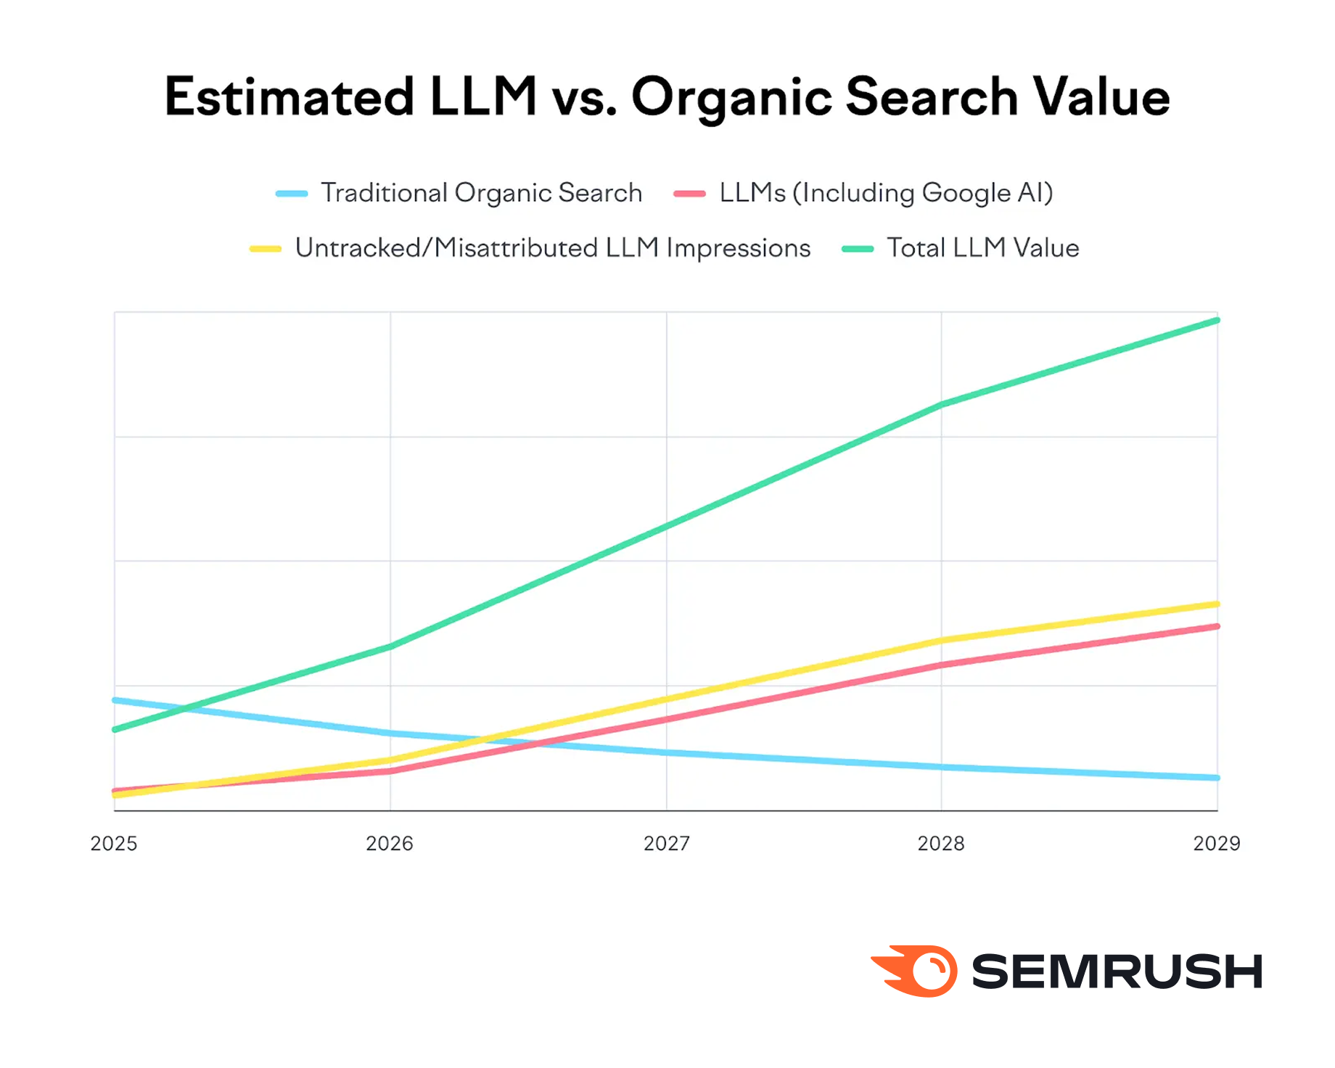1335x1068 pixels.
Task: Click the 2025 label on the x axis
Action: [x=114, y=843]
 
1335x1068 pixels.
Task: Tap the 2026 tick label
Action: [x=390, y=843]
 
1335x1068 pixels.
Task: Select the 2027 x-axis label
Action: [x=666, y=843]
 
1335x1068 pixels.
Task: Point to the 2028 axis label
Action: [x=941, y=843]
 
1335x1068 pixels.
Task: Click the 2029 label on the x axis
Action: [x=1217, y=843]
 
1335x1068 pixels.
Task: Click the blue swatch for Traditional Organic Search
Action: [x=292, y=194]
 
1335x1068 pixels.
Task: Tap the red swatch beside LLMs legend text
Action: [x=689, y=194]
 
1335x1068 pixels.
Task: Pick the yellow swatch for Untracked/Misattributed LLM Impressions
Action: [x=266, y=249]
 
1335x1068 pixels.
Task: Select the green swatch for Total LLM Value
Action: [x=857, y=249]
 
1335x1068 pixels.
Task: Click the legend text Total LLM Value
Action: [x=983, y=248]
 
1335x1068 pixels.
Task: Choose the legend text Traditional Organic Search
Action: [x=482, y=193]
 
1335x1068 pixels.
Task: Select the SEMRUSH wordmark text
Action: [x=1117, y=972]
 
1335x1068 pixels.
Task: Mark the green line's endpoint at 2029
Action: [x=1217, y=320]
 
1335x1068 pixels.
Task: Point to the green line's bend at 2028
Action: [x=941, y=405]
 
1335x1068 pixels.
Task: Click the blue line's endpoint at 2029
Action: [x=1217, y=778]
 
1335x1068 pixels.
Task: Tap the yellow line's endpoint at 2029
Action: [x=1217, y=604]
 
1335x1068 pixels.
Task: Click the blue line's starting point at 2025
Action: [x=115, y=700]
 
